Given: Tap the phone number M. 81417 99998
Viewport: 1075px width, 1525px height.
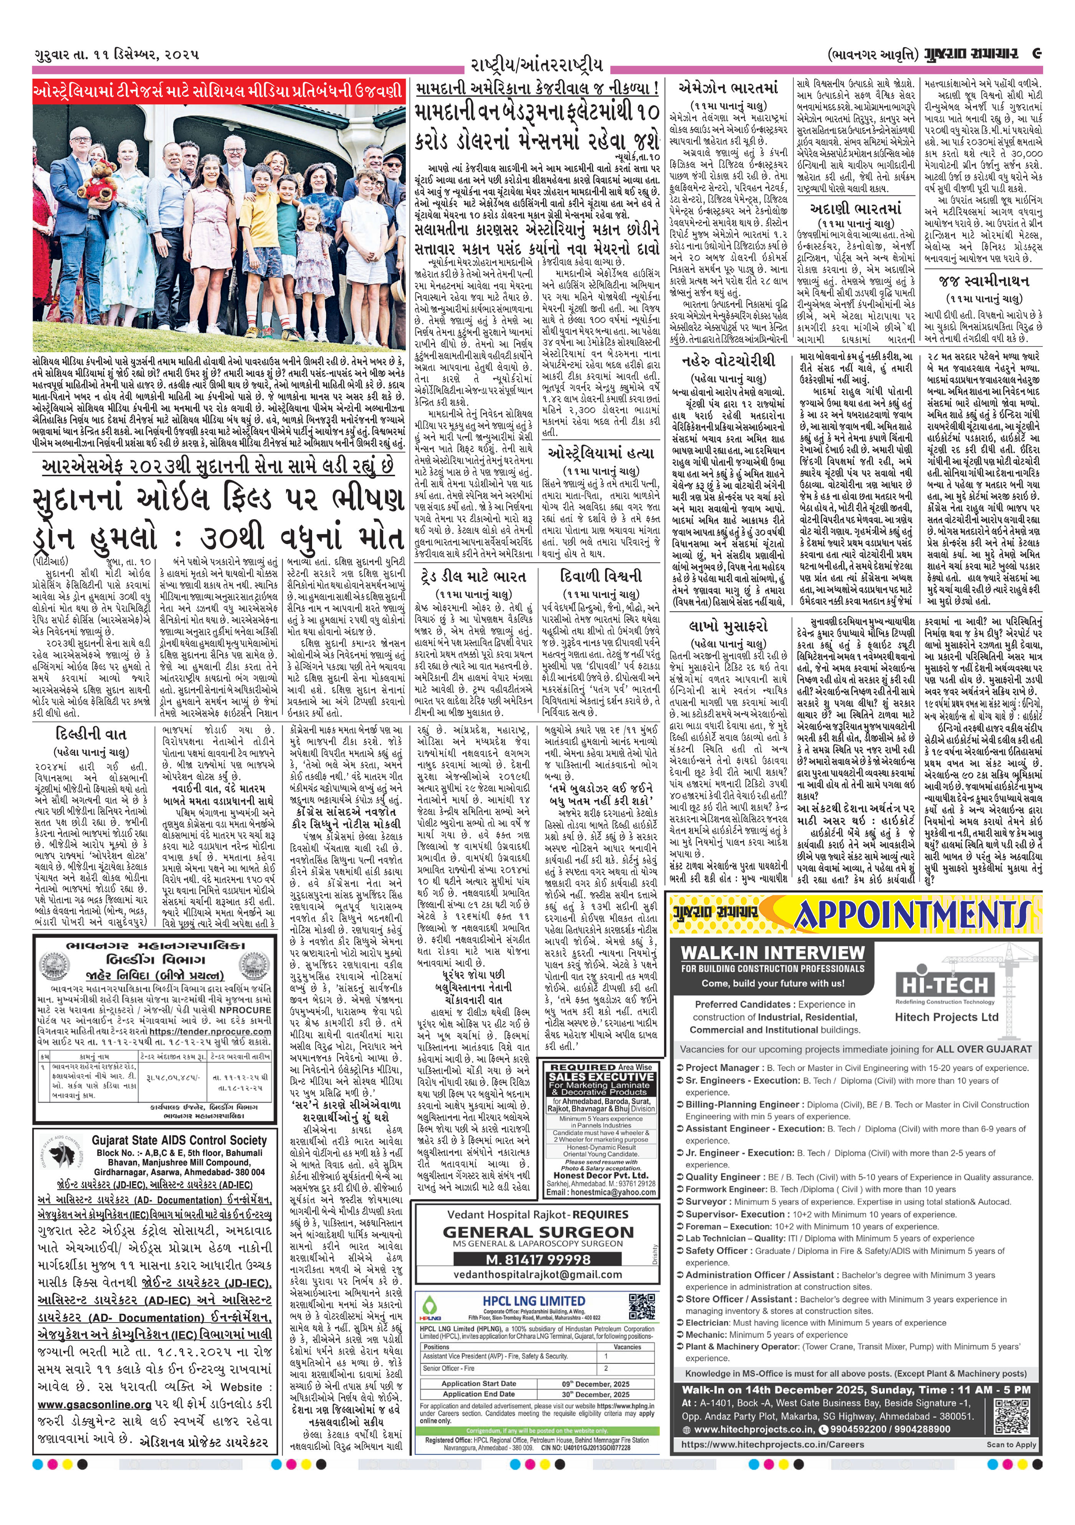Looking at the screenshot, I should pos(538,1259).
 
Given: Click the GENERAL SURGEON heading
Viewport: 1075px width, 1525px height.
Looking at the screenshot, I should pos(538,1232).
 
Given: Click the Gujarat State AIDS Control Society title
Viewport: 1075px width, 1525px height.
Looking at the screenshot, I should pos(179,1140).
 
